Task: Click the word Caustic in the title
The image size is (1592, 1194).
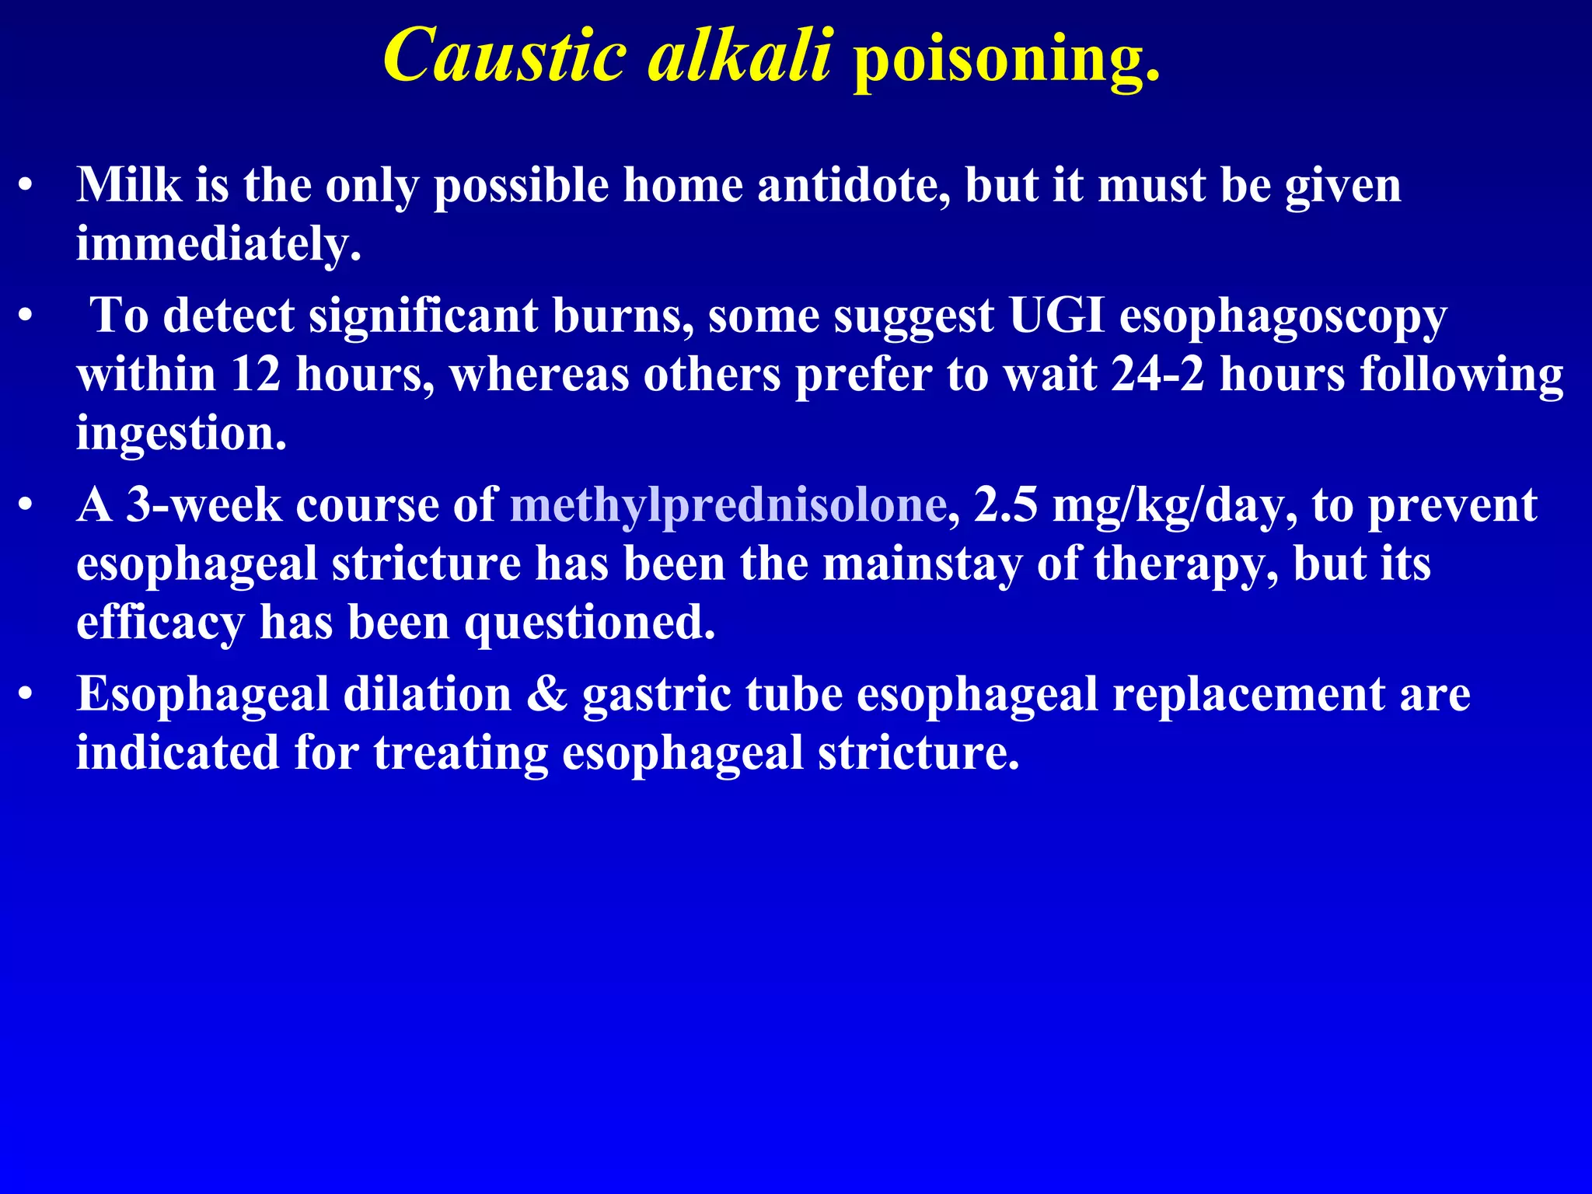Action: pyautogui.click(x=504, y=56)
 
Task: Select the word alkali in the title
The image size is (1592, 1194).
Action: pyautogui.click(x=740, y=56)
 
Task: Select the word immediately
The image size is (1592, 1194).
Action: pyautogui.click(x=218, y=245)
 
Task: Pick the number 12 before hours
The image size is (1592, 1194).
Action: pyautogui.click(x=256, y=375)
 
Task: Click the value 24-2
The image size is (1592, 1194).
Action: pyautogui.click(x=1157, y=375)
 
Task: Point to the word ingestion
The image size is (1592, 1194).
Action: pyautogui.click(x=181, y=434)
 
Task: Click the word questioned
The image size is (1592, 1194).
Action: pyautogui.click(x=589, y=623)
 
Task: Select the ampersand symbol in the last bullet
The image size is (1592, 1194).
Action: pyautogui.click(x=546, y=694)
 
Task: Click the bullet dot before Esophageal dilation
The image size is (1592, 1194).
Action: pyautogui.click(x=26, y=694)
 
